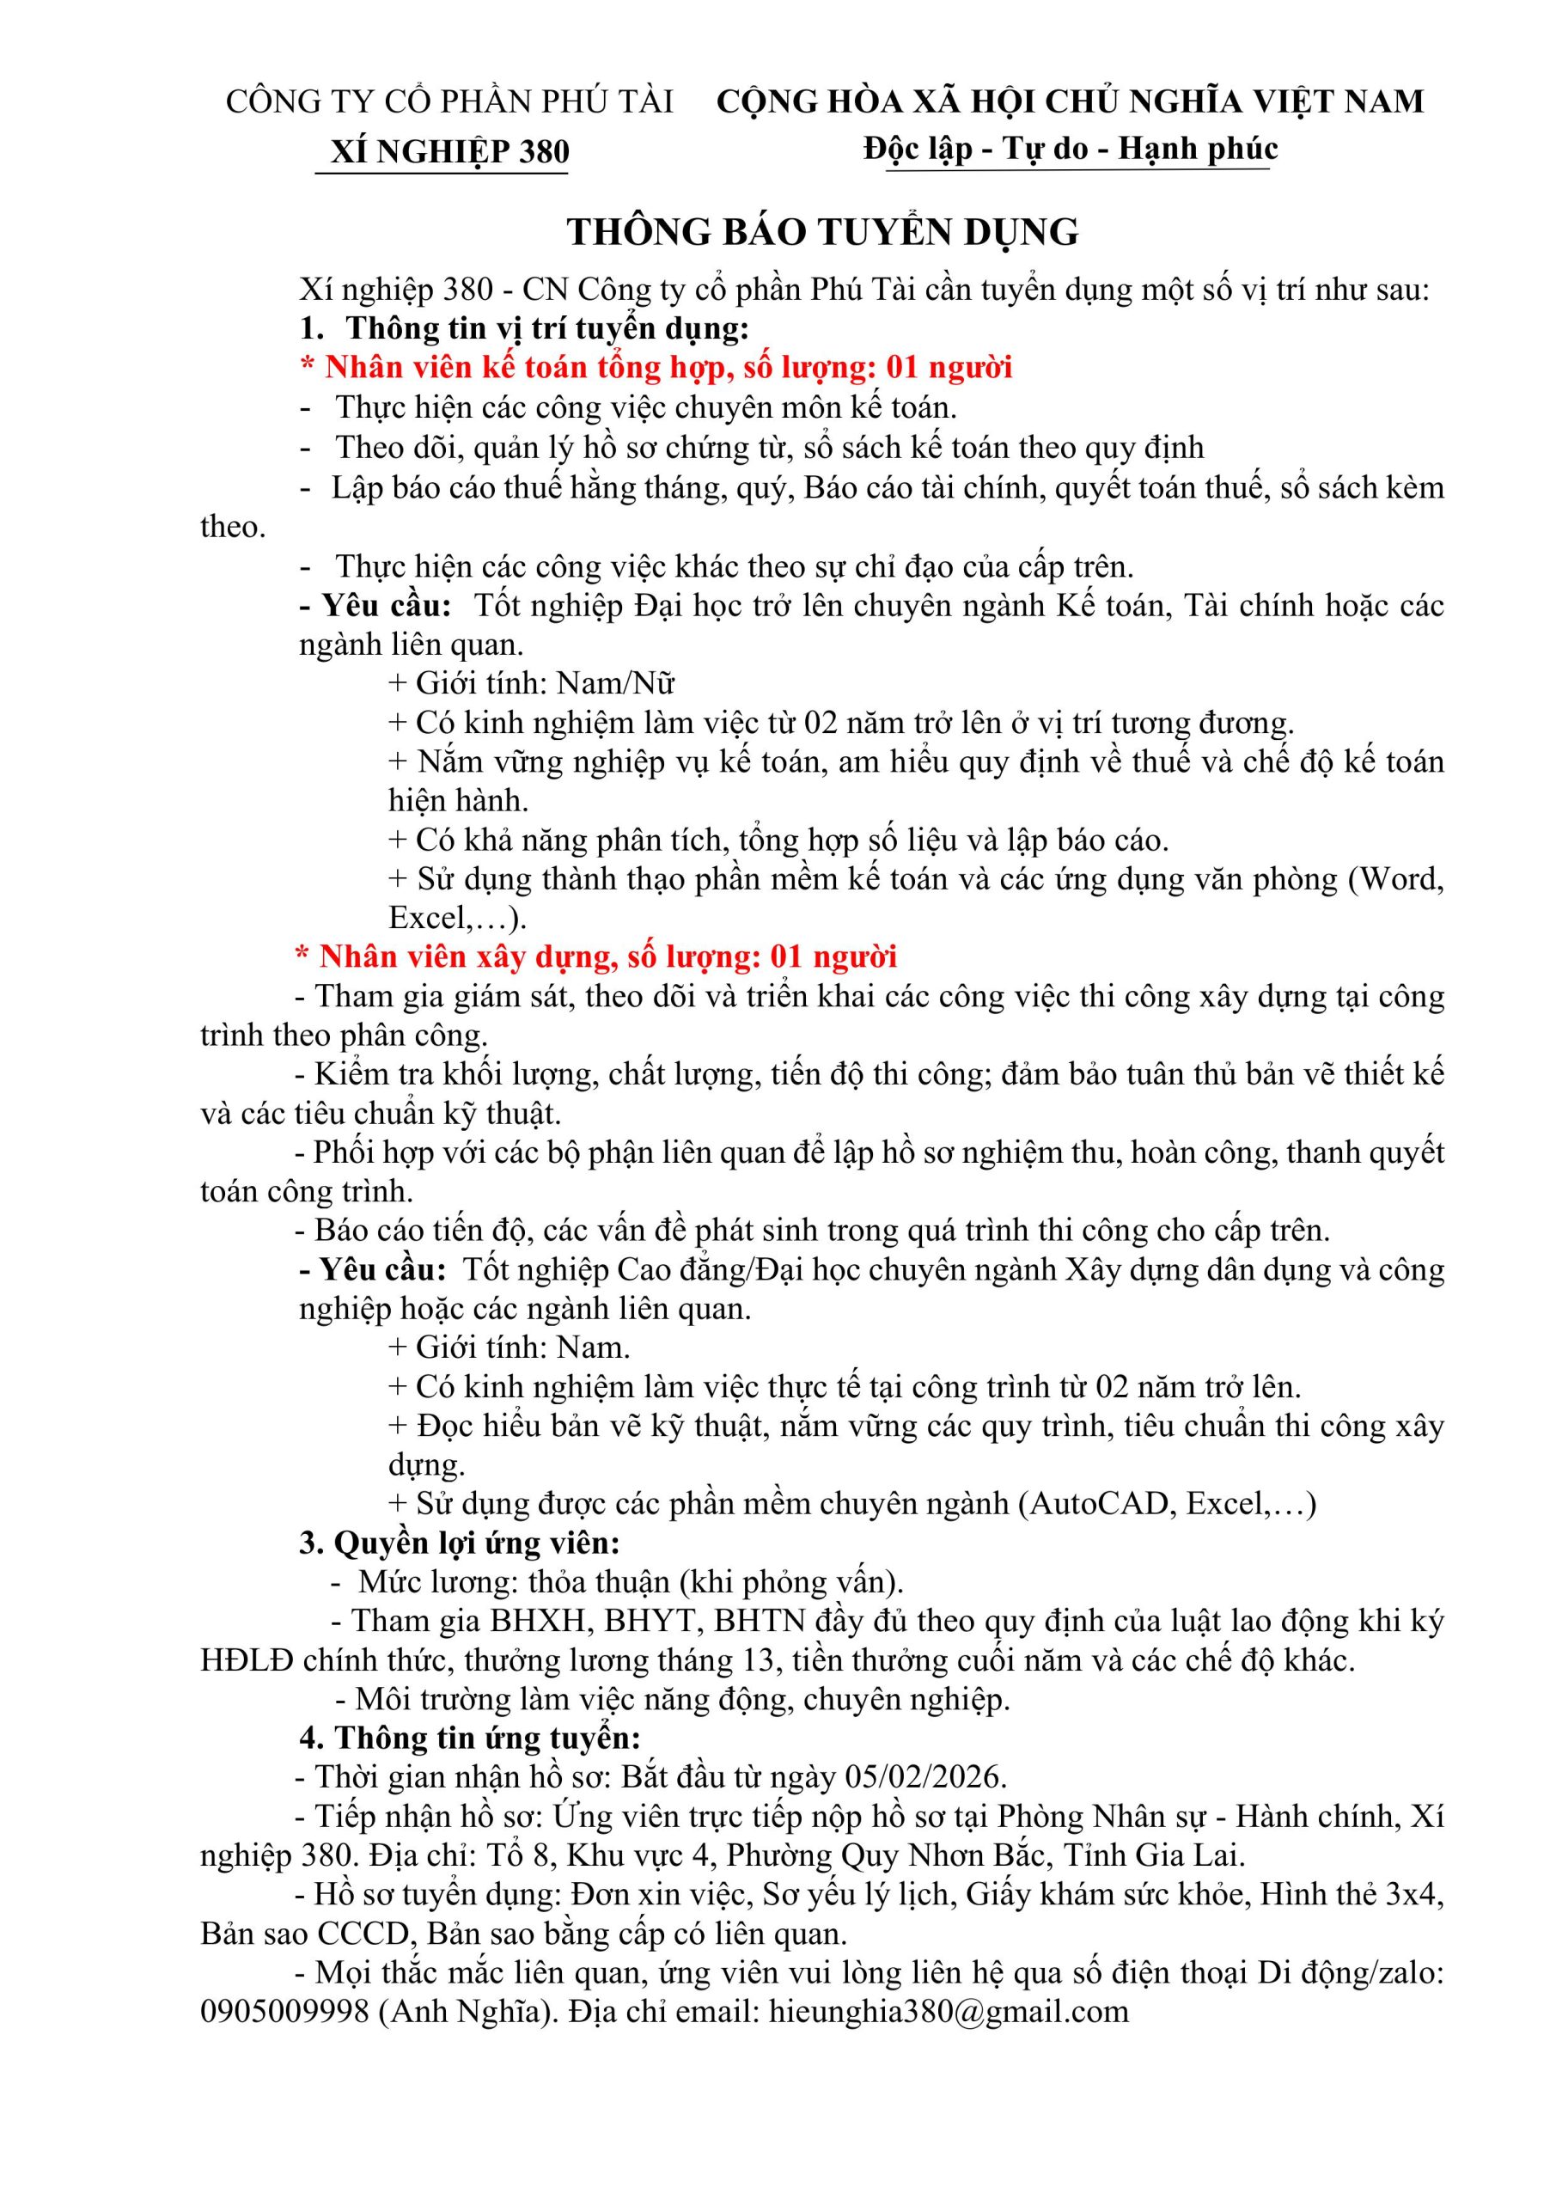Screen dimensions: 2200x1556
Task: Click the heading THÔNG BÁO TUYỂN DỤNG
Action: (823, 232)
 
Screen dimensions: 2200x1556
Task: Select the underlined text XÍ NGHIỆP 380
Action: (449, 152)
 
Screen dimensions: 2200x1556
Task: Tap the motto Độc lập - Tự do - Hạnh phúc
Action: (1070, 150)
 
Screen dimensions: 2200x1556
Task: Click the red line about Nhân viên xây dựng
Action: (596, 956)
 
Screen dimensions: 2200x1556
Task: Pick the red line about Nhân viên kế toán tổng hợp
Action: (656, 367)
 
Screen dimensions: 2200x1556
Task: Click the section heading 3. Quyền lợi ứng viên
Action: (460, 1543)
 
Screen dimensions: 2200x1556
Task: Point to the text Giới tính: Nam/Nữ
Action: (532, 683)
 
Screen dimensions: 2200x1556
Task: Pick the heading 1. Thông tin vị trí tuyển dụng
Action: (523, 327)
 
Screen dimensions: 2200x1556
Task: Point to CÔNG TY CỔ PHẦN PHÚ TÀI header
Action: (449, 101)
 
